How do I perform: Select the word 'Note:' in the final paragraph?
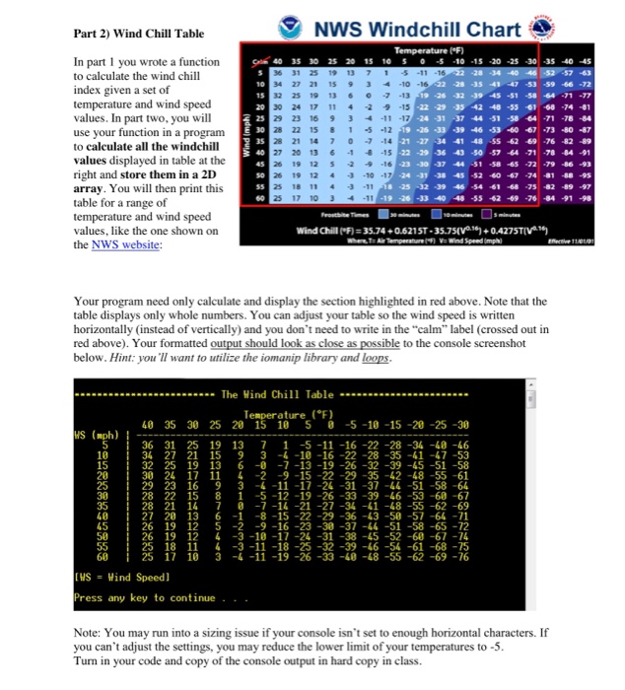point(90,630)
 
